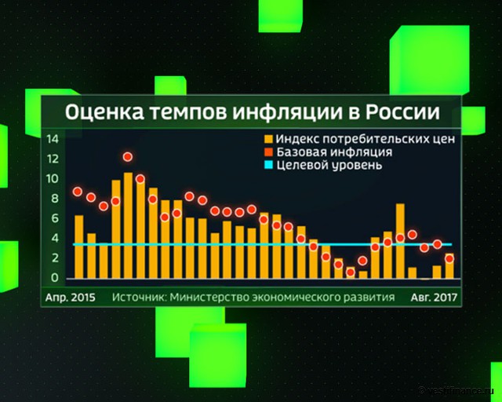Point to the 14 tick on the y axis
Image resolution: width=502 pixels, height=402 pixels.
[x=53, y=140]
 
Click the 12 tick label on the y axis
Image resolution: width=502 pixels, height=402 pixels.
[x=53, y=159]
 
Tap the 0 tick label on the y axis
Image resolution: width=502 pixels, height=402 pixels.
[x=56, y=277]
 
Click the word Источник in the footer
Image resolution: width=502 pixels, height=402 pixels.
[x=138, y=298]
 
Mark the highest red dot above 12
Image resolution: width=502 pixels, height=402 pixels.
[x=128, y=157]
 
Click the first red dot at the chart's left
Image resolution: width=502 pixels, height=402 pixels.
[x=78, y=192]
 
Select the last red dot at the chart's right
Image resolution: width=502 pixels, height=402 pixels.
[x=449, y=258]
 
